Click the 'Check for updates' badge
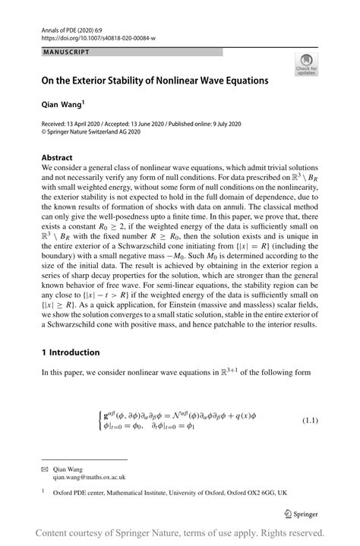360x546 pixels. click(308, 65)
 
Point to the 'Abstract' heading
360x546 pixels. click(58, 158)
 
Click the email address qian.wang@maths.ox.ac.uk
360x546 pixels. click(89, 478)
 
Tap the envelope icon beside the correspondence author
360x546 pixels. click(44, 469)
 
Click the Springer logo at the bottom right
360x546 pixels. click(302, 514)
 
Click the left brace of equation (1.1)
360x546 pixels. click(99, 420)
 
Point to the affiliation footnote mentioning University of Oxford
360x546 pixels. click(169, 492)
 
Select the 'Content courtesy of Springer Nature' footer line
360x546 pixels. click(180, 533)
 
